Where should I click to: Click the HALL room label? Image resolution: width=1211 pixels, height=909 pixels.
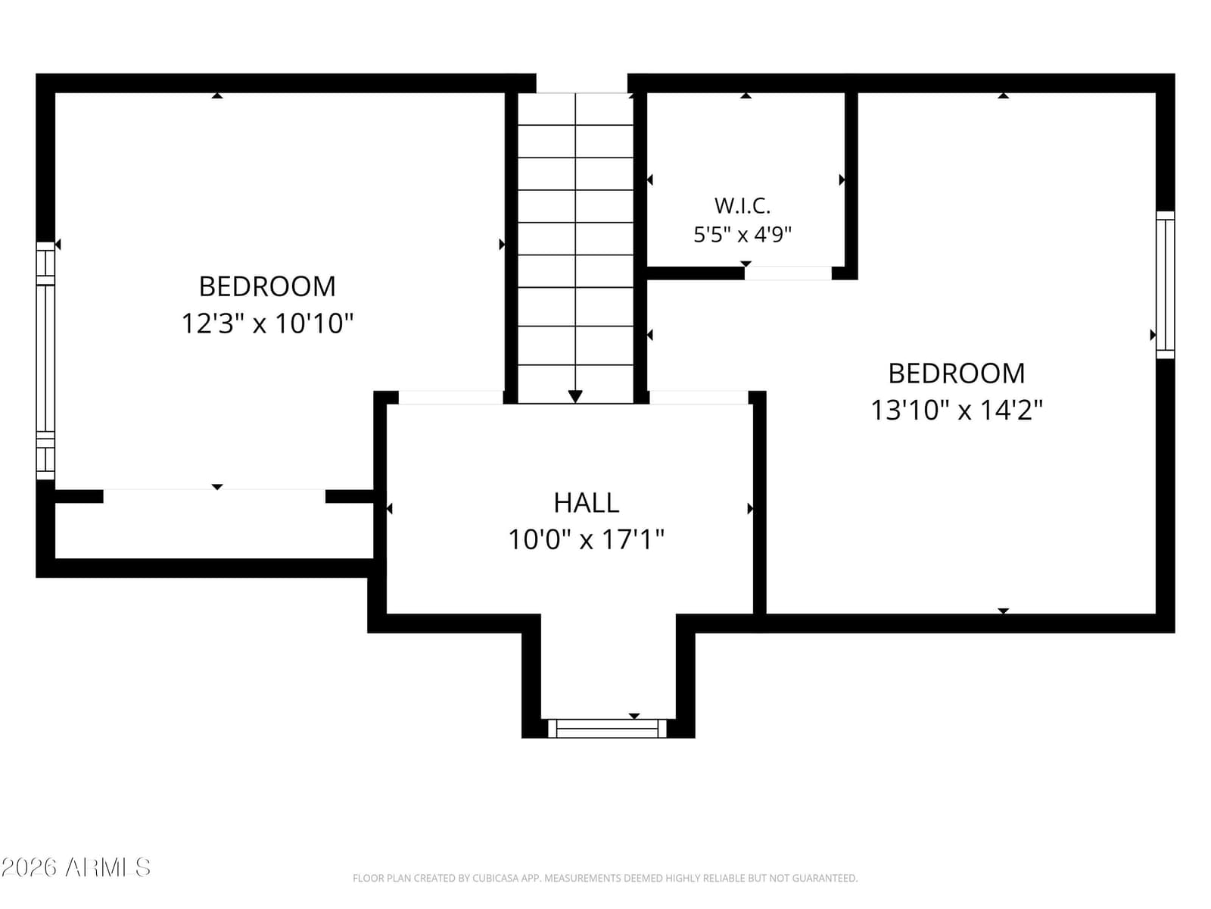[x=586, y=503]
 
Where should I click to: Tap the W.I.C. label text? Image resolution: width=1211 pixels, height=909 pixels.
[x=742, y=206]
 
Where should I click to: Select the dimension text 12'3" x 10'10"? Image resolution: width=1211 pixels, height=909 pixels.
[x=267, y=323]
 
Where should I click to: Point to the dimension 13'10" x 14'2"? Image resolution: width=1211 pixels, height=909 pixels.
[x=956, y=411]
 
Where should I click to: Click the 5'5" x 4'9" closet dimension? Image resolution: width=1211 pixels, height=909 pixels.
[x=742, y=235]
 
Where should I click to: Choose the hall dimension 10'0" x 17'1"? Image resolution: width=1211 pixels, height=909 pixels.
[x=586, y=540]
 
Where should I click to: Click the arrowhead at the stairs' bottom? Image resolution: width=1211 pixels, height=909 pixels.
[x=575, y=396]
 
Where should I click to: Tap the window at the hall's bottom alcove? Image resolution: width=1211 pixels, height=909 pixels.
[x=607, y=729]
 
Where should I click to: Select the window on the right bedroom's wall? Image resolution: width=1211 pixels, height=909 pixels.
[x=1165, y=285]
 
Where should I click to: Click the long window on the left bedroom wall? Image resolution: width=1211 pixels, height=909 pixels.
[x=45, y=361]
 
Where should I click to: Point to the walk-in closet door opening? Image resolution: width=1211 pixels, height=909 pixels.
[x=788, y=273]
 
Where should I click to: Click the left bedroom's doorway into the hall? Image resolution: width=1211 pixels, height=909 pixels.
[x=451, y=398]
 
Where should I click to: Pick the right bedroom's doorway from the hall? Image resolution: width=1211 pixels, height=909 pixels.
[x=699, y=398]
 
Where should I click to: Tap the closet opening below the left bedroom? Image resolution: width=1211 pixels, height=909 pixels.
[x=214, y=496]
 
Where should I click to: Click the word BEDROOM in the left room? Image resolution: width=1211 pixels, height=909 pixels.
[x=267, y=286]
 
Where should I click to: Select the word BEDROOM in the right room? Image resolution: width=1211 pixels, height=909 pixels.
[x=956, y=373]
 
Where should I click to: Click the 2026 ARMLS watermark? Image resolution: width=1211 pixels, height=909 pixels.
[x=76, y=867]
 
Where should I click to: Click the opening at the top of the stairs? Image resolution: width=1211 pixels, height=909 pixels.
[x=581, y=83]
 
